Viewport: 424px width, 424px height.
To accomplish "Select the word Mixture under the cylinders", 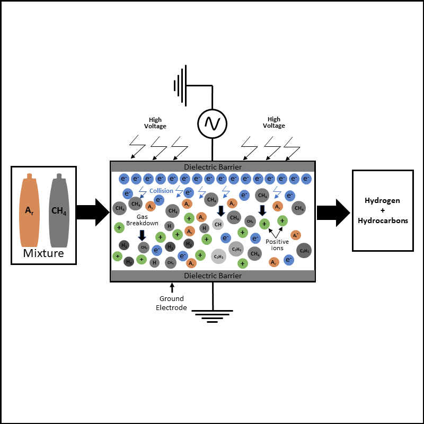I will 43,253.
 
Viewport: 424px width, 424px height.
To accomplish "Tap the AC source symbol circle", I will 213,123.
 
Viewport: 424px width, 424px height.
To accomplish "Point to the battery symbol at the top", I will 181,85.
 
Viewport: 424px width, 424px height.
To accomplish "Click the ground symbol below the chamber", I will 213,316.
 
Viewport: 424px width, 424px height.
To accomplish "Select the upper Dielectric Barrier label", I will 213,167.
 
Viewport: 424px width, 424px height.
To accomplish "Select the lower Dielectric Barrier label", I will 213,276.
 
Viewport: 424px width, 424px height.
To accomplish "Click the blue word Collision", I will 161,191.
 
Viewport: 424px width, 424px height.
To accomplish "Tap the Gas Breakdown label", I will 142,220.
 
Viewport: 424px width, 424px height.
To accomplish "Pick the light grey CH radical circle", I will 218,224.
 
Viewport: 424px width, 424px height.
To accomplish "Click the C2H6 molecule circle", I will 236,248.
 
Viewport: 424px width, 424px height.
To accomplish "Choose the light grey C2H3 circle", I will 218,257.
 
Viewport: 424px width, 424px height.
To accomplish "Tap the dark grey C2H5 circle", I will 304,251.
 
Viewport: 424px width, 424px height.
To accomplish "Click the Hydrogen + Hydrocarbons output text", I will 383,210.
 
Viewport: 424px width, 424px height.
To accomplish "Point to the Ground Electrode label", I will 171,303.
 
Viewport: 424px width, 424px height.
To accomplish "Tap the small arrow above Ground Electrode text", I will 172,288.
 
